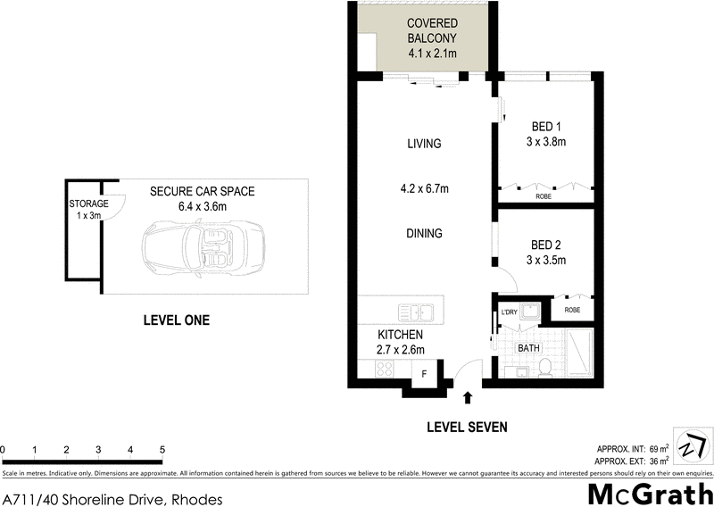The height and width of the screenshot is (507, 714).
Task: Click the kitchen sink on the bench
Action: point(414,312)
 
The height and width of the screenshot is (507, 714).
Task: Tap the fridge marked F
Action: point(424,373)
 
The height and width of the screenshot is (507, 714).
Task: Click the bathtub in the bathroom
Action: point(579,353)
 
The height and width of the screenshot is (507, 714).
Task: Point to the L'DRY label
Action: point(510,312)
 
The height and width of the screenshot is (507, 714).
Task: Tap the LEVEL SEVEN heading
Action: point(466,428)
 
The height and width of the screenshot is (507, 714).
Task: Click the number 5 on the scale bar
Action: point(162,449)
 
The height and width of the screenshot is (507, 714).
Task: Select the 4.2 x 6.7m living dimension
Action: point(424,188)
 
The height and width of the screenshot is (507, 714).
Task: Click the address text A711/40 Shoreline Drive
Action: point(112,499)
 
